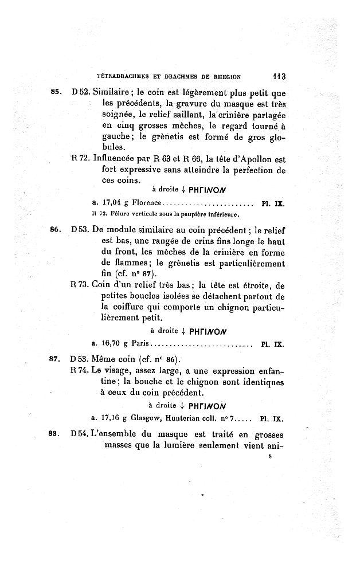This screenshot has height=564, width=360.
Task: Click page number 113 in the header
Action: (278, 75)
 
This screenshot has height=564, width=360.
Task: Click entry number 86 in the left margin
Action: (56, 229)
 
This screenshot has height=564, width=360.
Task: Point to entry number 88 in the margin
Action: (56, 435)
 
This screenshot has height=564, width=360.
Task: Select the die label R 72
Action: (79, 159)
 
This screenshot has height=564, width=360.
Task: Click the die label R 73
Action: (79, 285)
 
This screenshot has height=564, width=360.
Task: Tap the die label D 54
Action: (80, 435)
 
